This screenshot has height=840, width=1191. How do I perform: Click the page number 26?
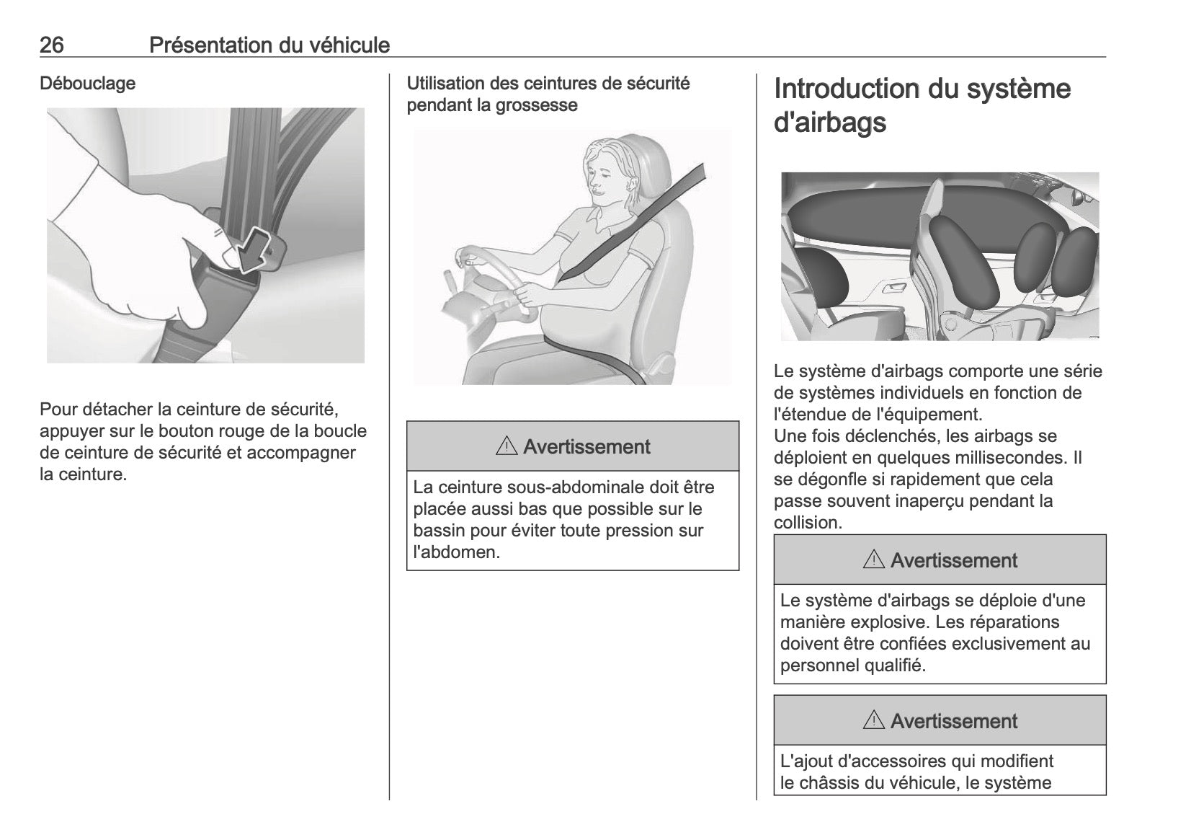click(x=52, y=45)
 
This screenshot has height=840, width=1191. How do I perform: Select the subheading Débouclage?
click(x=87, y=84)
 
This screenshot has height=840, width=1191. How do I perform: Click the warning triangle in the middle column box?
click(x=507, y=447)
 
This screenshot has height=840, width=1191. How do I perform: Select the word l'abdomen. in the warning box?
click(x=456, y=552)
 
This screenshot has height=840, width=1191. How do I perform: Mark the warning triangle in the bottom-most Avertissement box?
click(x=874, y=721)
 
